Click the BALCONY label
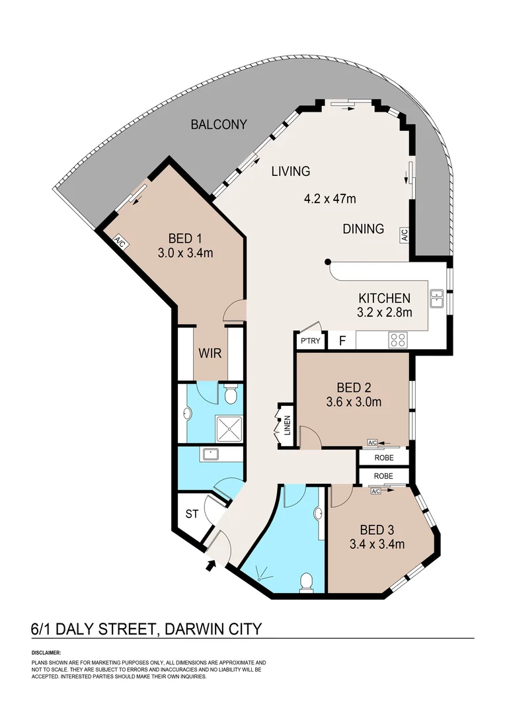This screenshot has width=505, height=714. click(219, 124)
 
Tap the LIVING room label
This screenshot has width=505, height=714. click(291, 171)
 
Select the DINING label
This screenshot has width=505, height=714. click(364, 229)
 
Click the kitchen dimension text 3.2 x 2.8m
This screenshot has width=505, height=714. click(385, 312)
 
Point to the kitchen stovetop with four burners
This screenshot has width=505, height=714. click(398, 340)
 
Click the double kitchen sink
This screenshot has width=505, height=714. click(437, 299)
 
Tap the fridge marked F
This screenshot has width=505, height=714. click(342, 340)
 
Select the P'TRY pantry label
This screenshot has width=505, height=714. click(310, 340)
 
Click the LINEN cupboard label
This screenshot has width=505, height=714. click(288, 425)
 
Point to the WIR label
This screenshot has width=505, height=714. click(210, 353)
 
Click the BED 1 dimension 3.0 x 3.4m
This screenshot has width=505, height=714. click(185, 253)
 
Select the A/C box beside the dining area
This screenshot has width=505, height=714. click(405, 235)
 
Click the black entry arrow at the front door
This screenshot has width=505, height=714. click(211, 565)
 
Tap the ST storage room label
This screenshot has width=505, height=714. click(192, 514)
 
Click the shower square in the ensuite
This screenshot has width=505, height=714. click(231, 428)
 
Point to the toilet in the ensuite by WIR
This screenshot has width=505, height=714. click(231, 394)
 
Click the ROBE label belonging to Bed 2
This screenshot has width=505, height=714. click(384, 457)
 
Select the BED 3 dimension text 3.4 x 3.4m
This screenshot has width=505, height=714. click(377, 543)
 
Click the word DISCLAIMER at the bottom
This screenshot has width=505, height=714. click(46, 653)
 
